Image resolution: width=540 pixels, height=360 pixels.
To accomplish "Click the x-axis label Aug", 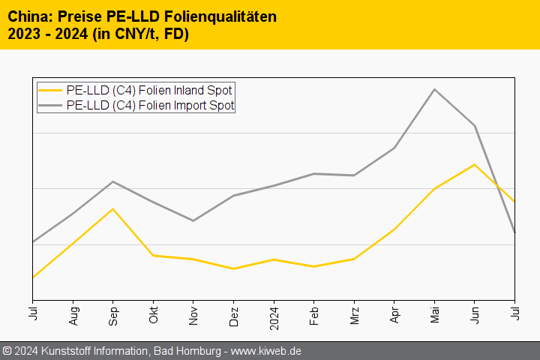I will pos(73,313).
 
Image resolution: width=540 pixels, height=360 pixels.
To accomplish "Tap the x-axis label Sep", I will pos(113,313).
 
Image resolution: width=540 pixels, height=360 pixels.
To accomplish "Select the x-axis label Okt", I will pos(153,312).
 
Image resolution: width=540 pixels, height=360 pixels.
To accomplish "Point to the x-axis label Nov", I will pos(193,313).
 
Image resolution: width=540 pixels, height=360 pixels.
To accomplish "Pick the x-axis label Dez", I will pos(234,313).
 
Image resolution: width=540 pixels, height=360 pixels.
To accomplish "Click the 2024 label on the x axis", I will pos(274,314).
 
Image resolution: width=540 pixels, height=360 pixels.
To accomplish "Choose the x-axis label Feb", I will pos(314,312).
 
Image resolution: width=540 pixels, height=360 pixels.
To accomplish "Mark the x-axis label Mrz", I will pos(355,312).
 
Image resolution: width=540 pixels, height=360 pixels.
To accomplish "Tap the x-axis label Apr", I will pos(394,312).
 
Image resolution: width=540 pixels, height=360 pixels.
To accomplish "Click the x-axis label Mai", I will pos(435,312).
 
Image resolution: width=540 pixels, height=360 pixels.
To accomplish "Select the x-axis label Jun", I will pos(475,312).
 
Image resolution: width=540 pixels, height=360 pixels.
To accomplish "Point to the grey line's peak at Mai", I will pos(435,89).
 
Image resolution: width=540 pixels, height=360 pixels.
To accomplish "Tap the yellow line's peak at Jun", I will pos(475,164).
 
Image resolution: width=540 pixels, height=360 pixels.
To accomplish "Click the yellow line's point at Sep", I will pos(113,208).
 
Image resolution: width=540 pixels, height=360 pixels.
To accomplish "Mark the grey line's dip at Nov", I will pos(193,220).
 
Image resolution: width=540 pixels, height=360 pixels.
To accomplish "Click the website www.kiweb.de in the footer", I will pos(266,351).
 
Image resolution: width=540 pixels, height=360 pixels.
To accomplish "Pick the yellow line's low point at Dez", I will pos(234,268).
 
